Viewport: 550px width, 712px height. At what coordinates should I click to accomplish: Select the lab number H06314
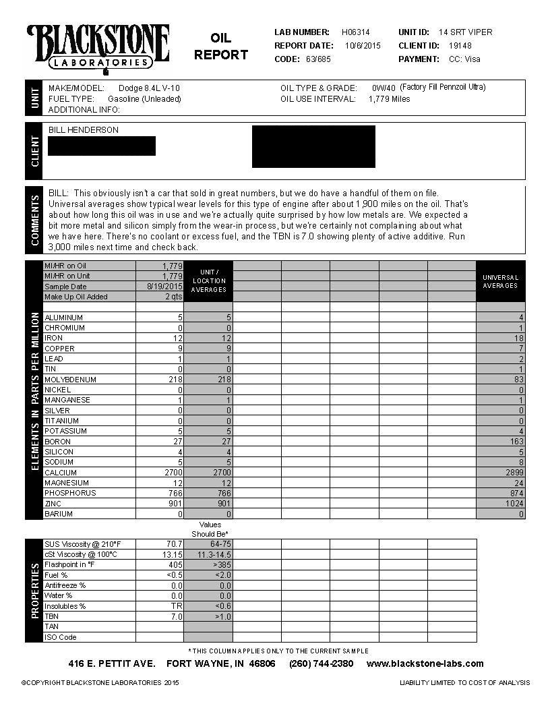[x=355, y=32]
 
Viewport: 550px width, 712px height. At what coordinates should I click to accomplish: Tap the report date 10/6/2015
[x=363, y=46]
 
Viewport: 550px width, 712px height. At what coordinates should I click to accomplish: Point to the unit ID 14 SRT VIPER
[x=465, y=32]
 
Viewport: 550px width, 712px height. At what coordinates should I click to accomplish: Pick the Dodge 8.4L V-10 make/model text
[x=149, y=88]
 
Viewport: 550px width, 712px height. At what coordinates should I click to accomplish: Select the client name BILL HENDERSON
[x=84, y=130]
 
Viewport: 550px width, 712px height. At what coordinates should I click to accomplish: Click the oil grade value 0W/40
[x=383, y=88]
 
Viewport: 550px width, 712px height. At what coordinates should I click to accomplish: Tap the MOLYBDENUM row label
[x=70, y=380]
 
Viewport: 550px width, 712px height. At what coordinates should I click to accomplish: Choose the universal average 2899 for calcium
[x=513, y=473]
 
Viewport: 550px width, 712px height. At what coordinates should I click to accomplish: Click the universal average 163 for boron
[x=516, y=442]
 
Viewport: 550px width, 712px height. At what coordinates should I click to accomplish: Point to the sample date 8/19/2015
[x=165, y=287]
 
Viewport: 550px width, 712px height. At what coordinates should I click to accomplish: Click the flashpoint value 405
[x=176, y=564]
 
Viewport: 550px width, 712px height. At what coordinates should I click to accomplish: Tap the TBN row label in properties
[x=51, y=616]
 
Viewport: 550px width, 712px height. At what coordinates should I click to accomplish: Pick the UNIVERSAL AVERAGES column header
[x=500, y=281]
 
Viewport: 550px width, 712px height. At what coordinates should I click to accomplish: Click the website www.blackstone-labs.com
[x=425, y=663]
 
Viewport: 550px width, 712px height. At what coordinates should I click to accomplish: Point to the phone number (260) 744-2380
[x=321, y=663]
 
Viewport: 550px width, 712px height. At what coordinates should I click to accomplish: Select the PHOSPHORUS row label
[x=70, y=493]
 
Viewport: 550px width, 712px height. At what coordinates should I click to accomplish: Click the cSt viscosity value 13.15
[x=171, y=554]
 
